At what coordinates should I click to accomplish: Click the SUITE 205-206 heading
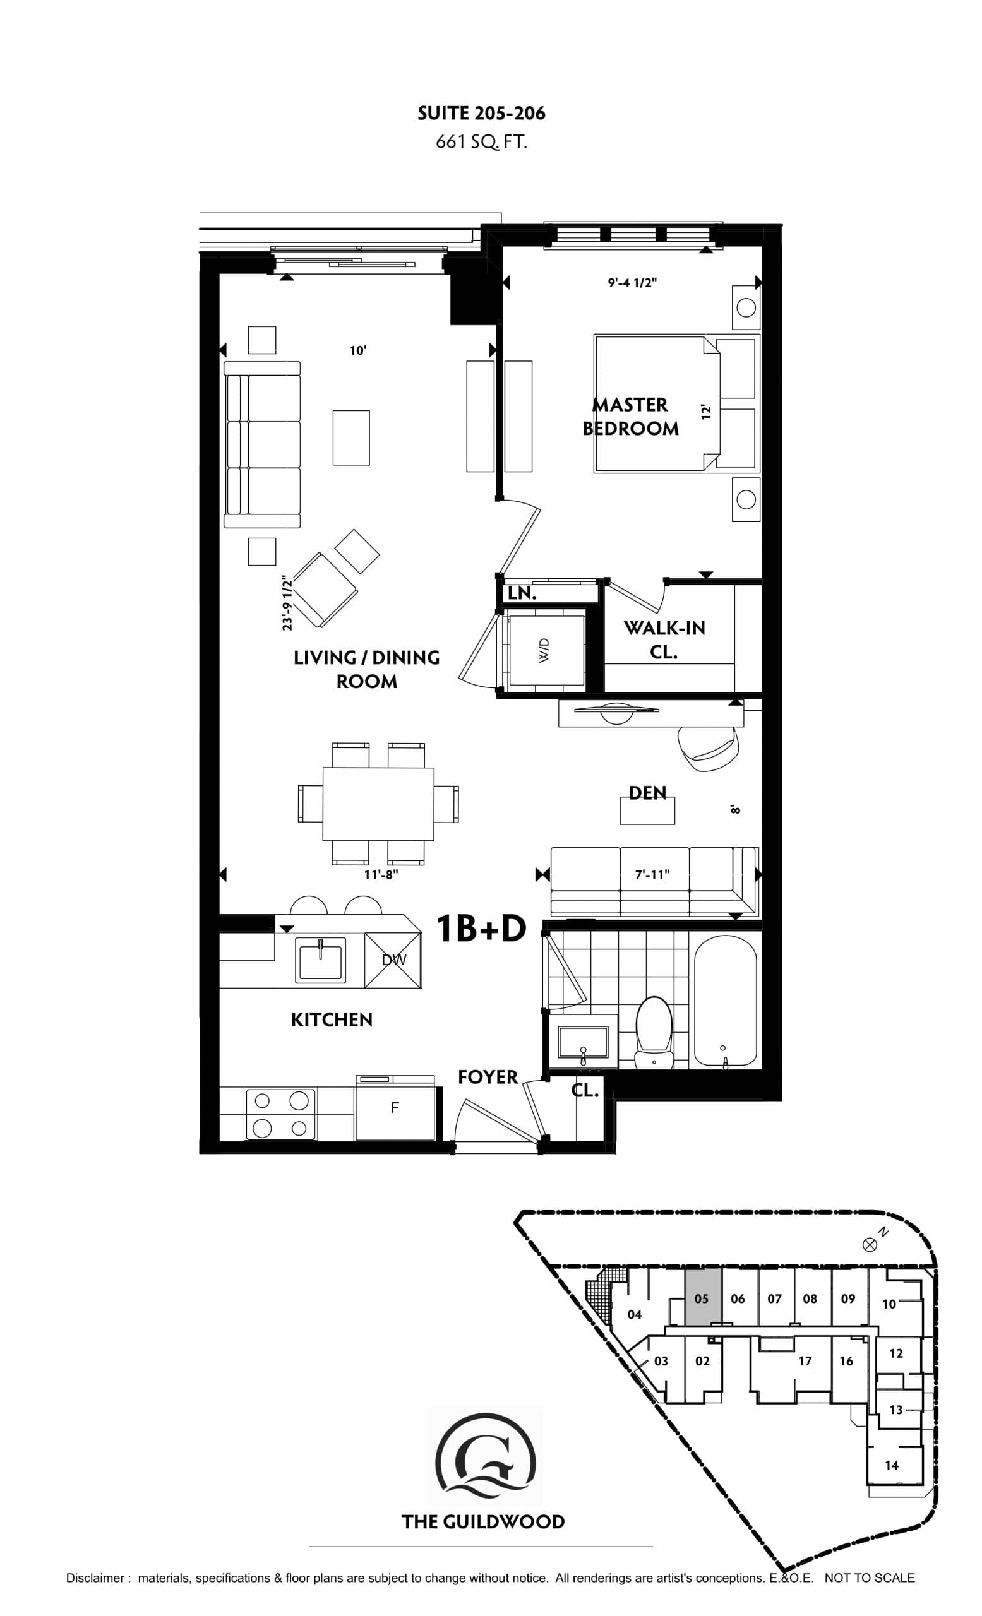(481, 114)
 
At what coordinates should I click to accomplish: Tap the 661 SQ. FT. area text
(481, 142)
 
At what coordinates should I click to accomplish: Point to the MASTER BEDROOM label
(630, 417)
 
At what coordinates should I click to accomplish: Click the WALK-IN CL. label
(664, 639)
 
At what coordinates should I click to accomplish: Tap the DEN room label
(647, 793)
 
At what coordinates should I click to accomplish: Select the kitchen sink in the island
(320, 960)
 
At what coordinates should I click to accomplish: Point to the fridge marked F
(394, 1108)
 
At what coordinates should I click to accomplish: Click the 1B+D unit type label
(481, 928)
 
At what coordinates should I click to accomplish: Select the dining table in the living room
(378, 804)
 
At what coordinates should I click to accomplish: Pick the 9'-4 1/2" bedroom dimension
(632, 283)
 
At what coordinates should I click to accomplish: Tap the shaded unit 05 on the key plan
(702, 1298)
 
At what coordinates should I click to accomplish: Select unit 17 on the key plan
(805, 1361)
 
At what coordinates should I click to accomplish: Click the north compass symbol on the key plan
(870, 1244)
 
